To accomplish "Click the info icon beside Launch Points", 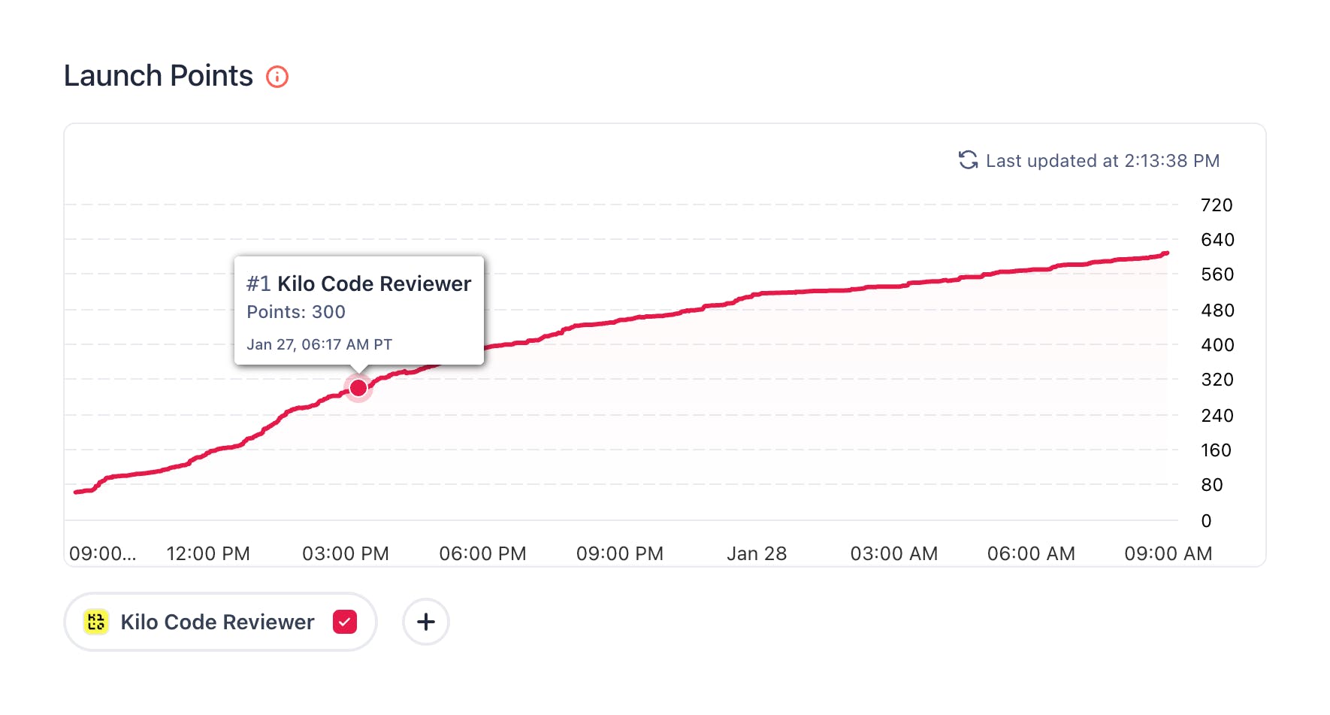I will click(x=277, y=77).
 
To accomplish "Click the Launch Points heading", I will click(x=159, y=76).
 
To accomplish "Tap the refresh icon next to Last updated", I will click(x=968, y=160).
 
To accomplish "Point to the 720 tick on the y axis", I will click(x=1217, y=205).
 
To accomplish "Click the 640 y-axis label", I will click(x=1217, y=240).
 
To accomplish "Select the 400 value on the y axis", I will click(x=1217, y=345).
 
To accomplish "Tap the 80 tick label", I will click(x=1211, y=485).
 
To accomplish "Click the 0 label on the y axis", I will click(x=1206, y=521).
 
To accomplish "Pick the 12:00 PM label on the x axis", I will click(x=208, y=554).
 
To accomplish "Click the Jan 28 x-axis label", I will click(x=757, y=554).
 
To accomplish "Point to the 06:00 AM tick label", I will click(x=1031, y=554).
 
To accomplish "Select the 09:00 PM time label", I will click(x=620, y=554).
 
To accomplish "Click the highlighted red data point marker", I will click(x=358, y=388).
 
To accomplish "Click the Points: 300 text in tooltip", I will click(x=296, y=312).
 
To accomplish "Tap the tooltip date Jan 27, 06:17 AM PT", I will click(x=319, y=344).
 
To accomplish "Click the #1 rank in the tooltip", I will click(x=258, y=284).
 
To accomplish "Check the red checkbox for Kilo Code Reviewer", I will click(x=345, y=623).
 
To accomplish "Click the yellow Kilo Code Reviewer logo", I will click(x=96, y=623).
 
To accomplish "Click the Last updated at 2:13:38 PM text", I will click(x=1102, y=161).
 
